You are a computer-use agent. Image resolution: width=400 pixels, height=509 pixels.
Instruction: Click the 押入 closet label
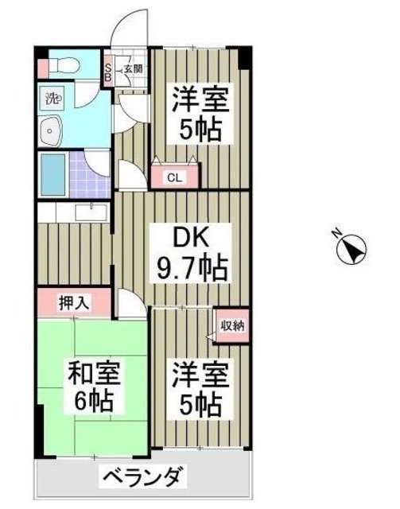74,302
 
